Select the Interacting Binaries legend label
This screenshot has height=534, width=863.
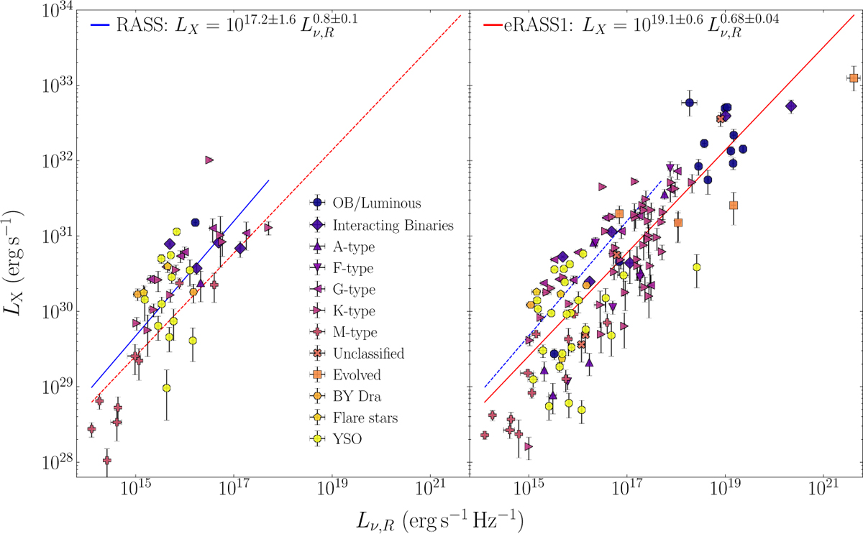click(393, 225)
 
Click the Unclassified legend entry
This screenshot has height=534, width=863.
click(368, 354)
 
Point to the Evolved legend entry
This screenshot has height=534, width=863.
click(357, 375)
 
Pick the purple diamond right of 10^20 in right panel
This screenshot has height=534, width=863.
click(791, 106)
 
